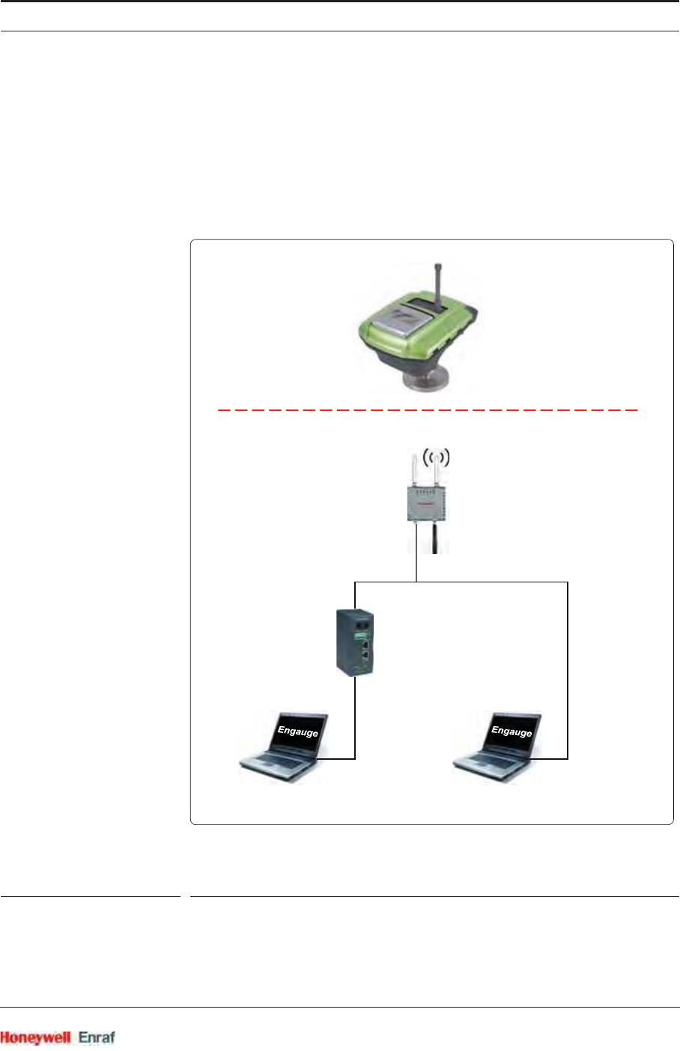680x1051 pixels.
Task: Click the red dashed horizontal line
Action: [427, 410]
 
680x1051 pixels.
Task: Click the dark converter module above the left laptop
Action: [354, 642]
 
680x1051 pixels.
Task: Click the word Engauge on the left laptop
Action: [297, 731]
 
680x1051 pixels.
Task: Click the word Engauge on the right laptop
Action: [511, 731]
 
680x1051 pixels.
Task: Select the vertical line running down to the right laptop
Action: [568, 666]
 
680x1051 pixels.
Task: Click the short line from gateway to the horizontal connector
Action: [416, 567]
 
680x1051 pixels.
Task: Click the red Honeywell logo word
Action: [35, 1038]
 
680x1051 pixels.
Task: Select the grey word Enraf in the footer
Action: [97, 1038]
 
